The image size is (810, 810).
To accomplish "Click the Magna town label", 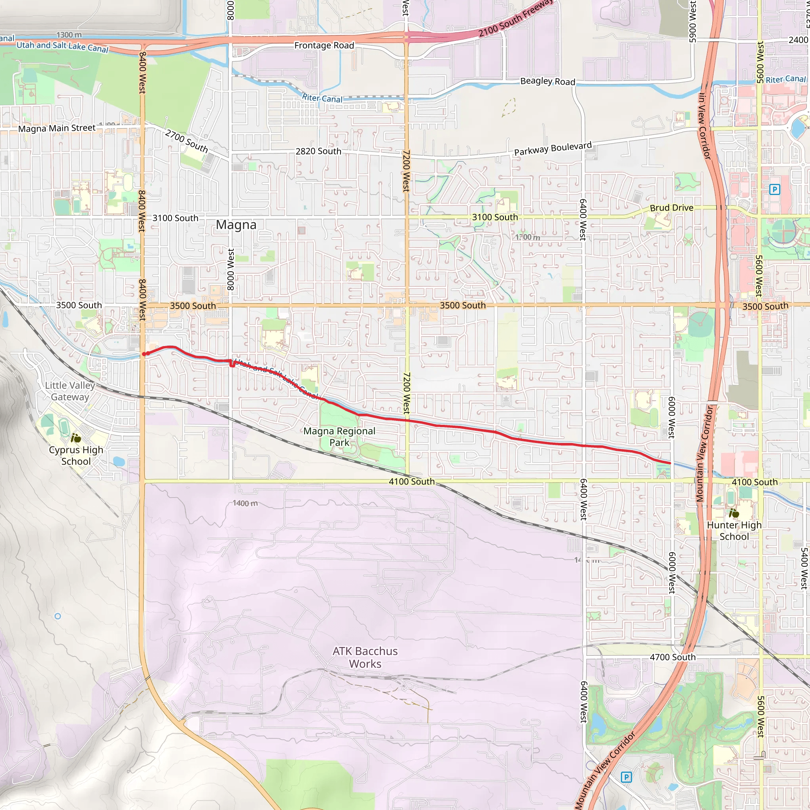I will [x=236, y=225].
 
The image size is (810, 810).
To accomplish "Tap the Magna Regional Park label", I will [x=339, y=437].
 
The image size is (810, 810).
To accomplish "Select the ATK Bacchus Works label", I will [x=365, y=657].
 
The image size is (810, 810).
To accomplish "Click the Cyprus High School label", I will [x=76, y=455].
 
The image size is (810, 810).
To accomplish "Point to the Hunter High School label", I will [x=734, y=530].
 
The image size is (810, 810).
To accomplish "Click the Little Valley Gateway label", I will [x=70, y=391].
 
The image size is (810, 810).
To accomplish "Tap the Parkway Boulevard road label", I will [x=553, y=148].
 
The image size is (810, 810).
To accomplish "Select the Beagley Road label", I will [x=547, y=81].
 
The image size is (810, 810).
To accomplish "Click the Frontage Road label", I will [x=324, y=45].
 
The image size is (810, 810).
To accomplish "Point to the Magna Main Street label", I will [x=57, y=128].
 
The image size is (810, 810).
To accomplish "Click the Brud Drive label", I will [x=671, y=208].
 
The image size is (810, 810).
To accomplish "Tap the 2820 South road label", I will [x=318, y=151].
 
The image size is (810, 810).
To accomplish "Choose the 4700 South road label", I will [x=672, y=657].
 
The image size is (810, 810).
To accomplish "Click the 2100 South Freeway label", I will [x=516, y=18].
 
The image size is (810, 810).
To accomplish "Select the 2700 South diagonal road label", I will [x=187, y=141].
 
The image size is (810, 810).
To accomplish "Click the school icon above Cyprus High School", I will [x=76, y=439].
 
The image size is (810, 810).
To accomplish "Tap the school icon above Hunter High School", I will [x=734, y=513].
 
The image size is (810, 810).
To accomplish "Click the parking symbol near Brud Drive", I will [x=774, y=189].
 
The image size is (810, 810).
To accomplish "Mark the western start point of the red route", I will [x=144, y=354].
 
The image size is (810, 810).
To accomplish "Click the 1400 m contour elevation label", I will [x=245, y=503].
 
